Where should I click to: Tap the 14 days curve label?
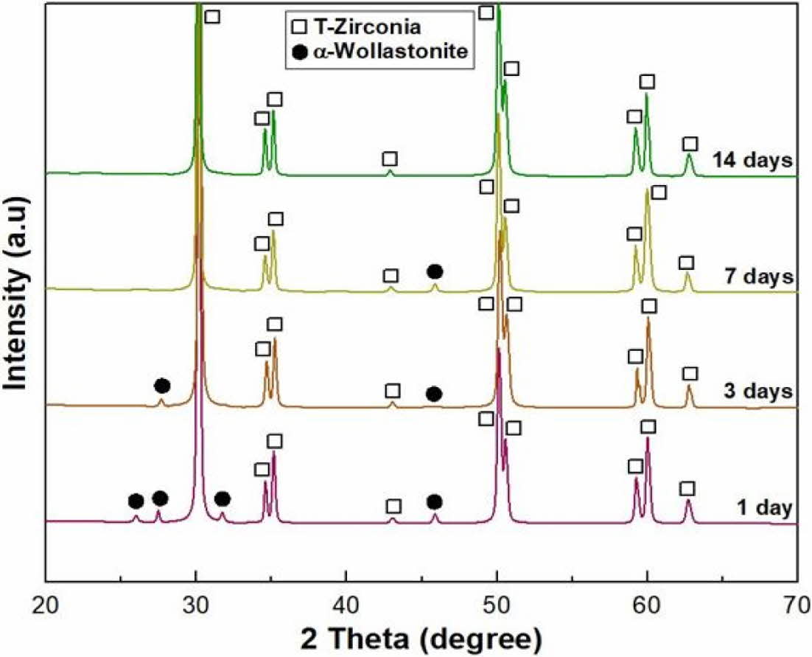point(752,159)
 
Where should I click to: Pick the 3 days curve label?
point(757,390)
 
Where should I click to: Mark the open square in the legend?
point(299,28)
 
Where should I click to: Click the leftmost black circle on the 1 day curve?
point(136,501)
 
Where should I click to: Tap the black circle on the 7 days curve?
point(435,271)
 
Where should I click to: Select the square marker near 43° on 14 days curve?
point(390,159)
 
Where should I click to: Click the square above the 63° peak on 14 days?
point(690,144)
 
